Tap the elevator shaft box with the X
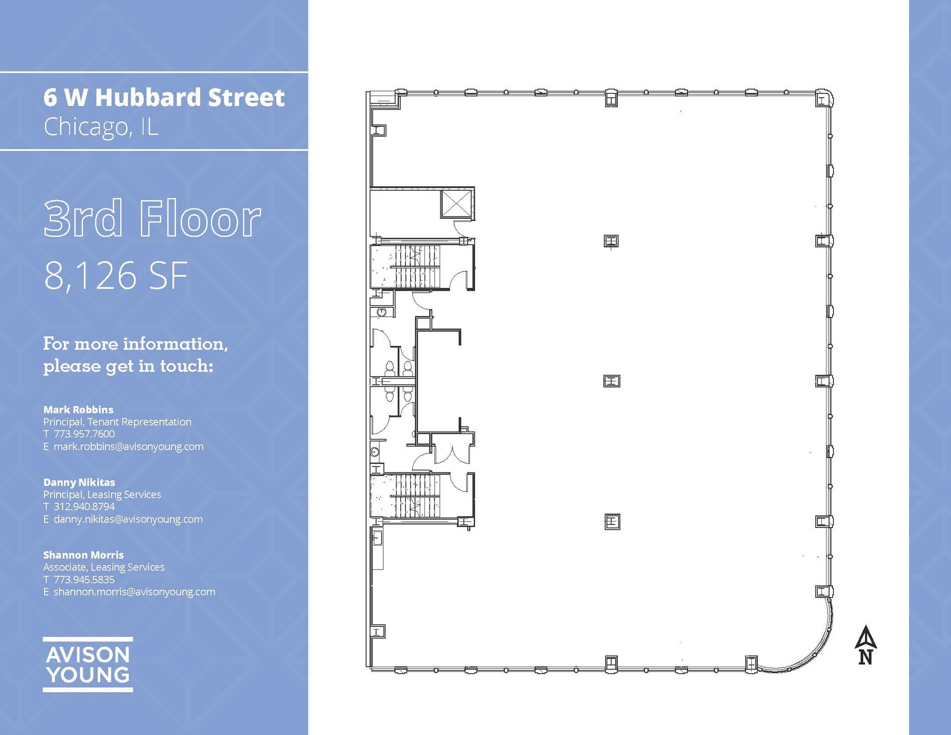pyautogui.click(x=457, y=203)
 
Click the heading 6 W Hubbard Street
pyautogui.click(x=164, y=98)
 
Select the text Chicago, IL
pyautogui.click(x=101, y=126)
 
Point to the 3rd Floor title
pyautogui.click(x=152, y=218)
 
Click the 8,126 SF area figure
pyautogui.click(x=116, y=275)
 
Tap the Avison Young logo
pyautogui.click(x=88, y=664)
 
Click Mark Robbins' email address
pyautogui.click(x=128, y=447)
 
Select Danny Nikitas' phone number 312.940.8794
pyautogui.click(x=84, y=507)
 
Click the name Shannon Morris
pyautogui.click(x=84, y=555)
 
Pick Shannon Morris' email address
pyautogui.click(x=134, y=592)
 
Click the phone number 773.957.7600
pyautogui.click(x=84, y=434)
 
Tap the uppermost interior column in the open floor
pyautogui.click(x=611, y=241)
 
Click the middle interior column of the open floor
pyautogui.click(x=612, y=381)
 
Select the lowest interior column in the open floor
pyautogui.click(x=612, y=521)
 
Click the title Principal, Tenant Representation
pyautogui.click(x=117, y=422)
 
